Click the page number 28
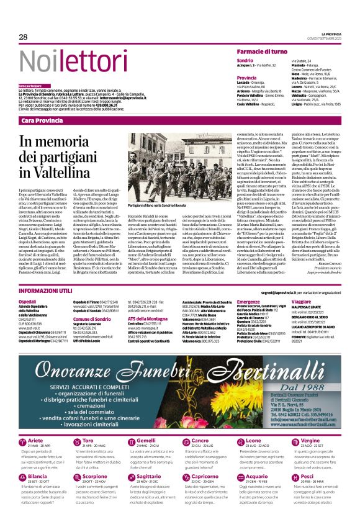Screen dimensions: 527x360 click(24, 37)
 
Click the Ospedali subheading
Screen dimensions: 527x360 click(28, 301)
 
